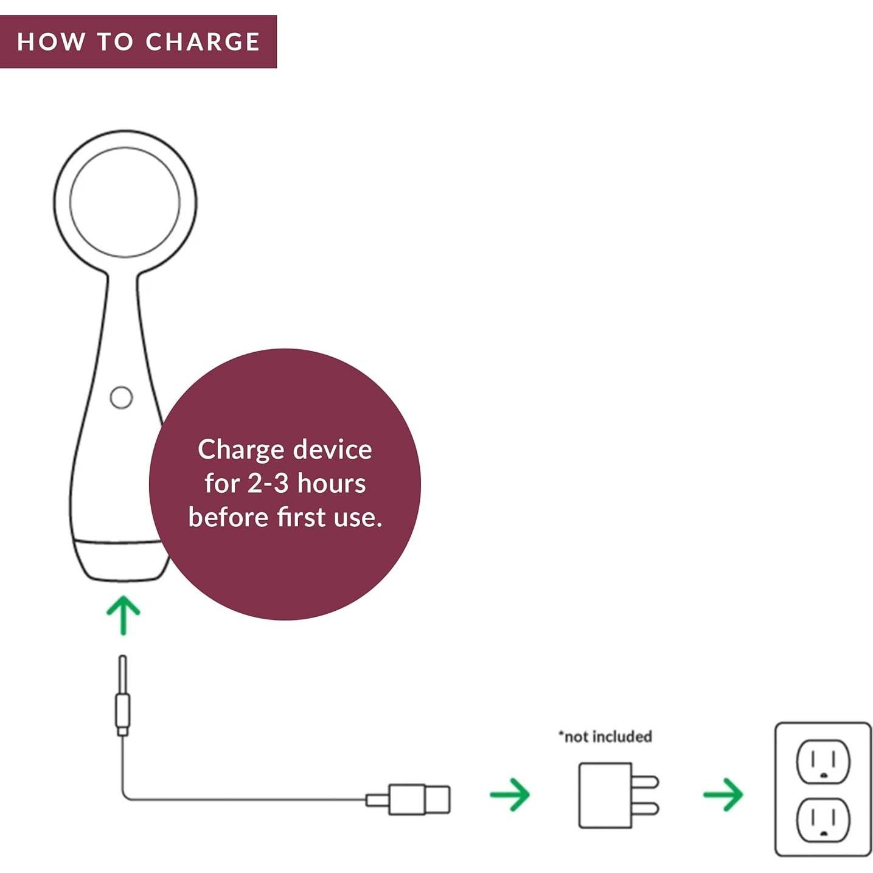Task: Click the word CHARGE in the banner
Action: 203,42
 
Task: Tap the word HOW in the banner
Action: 51,42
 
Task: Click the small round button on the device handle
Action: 121,397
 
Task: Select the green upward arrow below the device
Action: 123,615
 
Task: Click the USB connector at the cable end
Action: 419,799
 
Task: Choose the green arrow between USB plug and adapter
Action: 510,795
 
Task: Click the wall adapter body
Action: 605,795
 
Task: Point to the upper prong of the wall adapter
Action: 645,782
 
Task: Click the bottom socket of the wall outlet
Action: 823,820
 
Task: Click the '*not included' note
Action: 605,737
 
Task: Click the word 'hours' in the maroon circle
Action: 332,484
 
